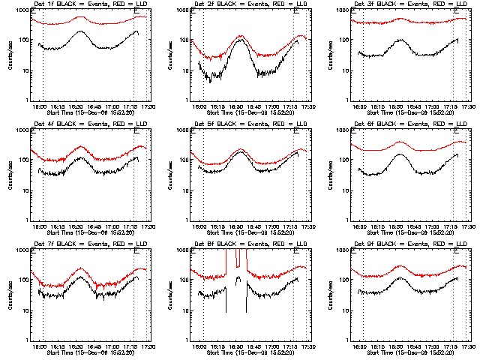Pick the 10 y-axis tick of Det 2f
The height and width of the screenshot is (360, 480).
click(x=185, y=71)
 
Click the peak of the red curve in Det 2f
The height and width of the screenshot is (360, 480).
click(x=241, y=35)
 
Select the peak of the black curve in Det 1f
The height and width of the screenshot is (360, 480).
click(x=80, y=31)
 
